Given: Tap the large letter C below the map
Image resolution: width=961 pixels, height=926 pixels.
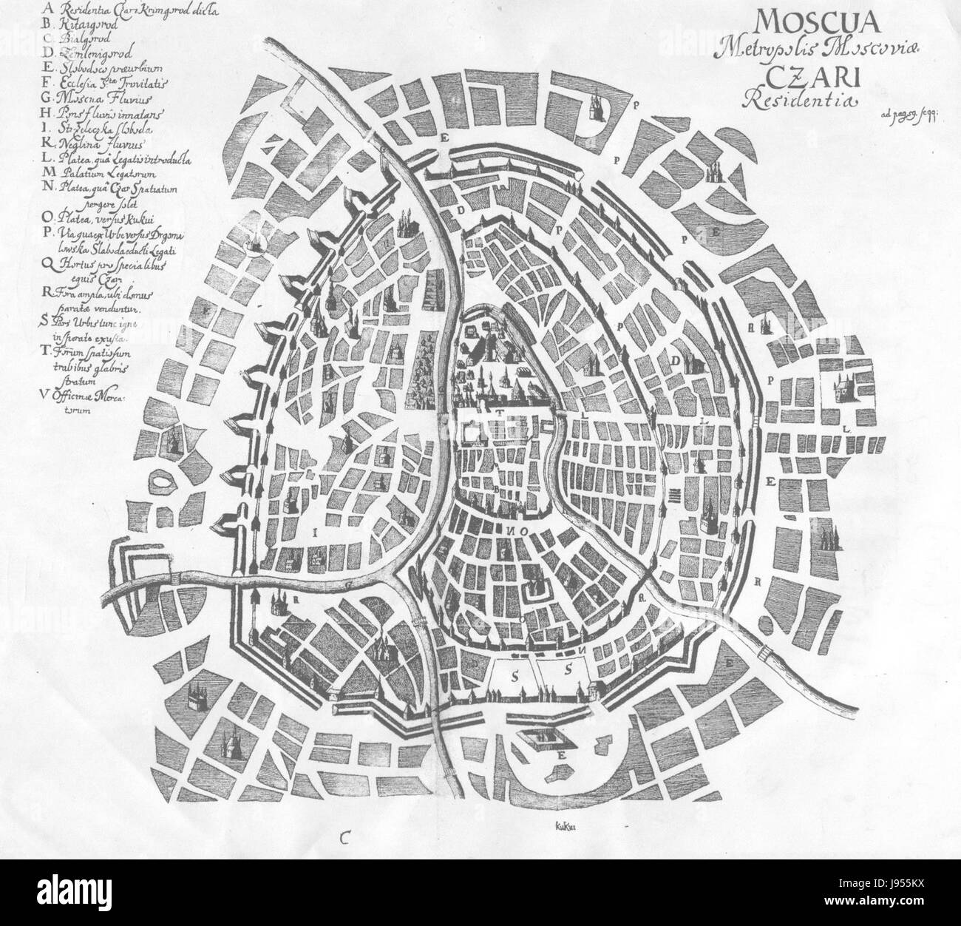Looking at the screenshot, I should pyautogui.click(x=345, y=836).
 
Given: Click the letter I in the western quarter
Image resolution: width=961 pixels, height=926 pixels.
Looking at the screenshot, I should pyautogui.click(x=316, y=530).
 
